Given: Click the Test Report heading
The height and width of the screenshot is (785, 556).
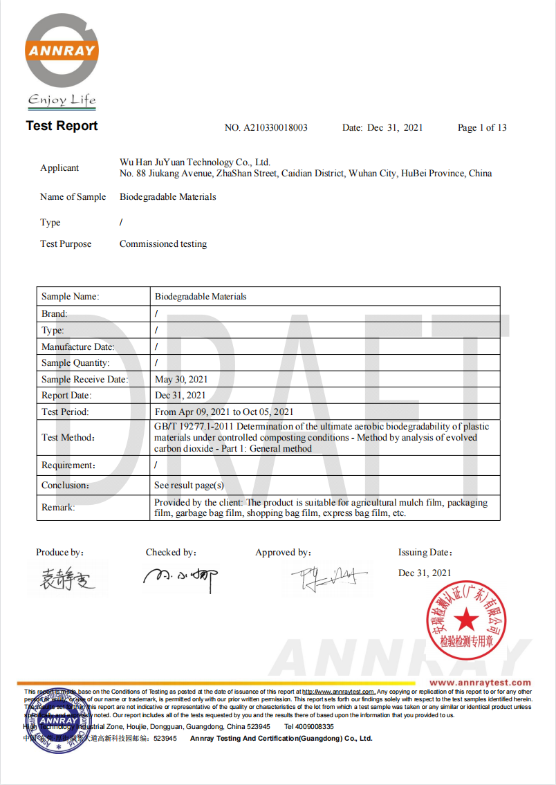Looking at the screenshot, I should tap(62, 126).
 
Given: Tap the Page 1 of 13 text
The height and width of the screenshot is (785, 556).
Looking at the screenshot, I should tap(482, 128).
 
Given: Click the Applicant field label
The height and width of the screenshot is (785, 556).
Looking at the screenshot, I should tap(59, 168).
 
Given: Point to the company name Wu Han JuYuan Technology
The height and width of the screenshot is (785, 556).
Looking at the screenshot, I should tap(194, 162).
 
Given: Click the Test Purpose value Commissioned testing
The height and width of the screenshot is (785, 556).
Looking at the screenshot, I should tap(163, 244).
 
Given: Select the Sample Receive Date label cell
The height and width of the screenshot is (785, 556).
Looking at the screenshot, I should tap(84, 380).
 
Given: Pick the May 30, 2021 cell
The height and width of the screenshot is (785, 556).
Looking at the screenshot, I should tap(181, 380).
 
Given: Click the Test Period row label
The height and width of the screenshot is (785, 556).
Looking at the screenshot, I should tap(65, 412).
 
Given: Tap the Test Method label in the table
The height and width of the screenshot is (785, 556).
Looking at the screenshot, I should tap(68, 438).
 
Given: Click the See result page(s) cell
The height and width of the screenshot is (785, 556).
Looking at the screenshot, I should tap(189, 486).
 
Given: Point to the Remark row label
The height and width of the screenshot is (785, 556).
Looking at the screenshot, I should tap(58, 508).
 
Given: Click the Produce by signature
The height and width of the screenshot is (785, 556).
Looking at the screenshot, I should tap(67, 578).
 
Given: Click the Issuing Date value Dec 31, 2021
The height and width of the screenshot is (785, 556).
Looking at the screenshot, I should tap(425, 573).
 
